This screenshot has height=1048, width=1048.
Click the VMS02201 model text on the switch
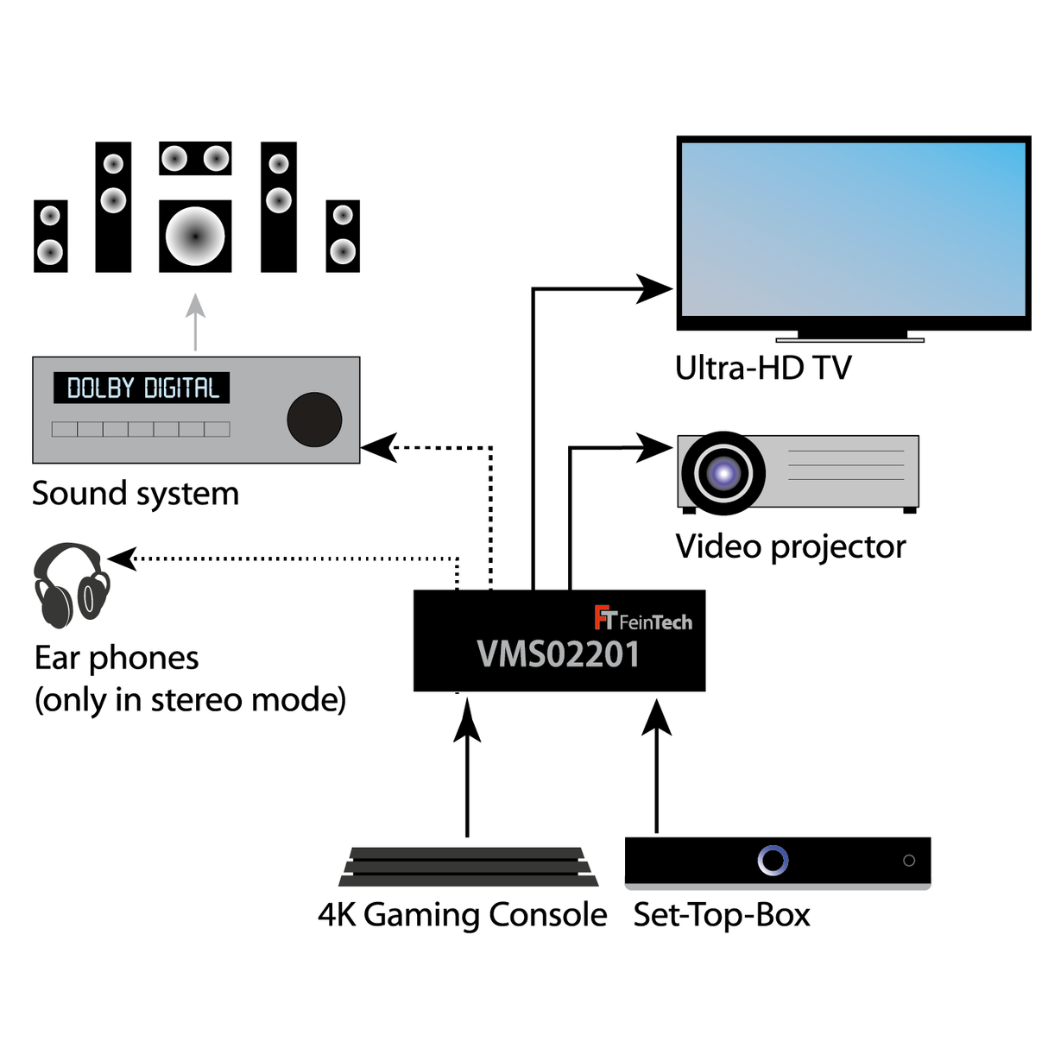pyautogui.click(x=559, y=654)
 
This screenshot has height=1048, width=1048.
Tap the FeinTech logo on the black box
pyautogui.click(x=643, y=619)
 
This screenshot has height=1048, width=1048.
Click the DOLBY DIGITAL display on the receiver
pyautogui.click(x=142, y=388)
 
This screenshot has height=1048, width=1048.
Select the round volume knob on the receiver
pyautogui.click(x=314, y=420)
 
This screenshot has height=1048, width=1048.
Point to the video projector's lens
pyautogui.click(x=723, y=472)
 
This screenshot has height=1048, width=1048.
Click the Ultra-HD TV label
pyautogui.click(x=763, y=369)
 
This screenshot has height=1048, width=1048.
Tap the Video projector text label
pyautogui.click(x=790, y=546)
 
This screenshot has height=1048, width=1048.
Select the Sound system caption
pyautogui.click(x=136, y=494)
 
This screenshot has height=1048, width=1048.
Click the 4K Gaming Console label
pyautogui.click(x=462, y=915)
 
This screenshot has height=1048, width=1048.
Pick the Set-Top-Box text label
pyautogui.click(x=722, y=915)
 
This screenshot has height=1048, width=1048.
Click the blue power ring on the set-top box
pyautogui.click(x=773, y=860)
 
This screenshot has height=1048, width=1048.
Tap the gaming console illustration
pyautogui.click(x=468, y=867)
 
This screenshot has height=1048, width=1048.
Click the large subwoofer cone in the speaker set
pyautogui.click(x=195, y=236)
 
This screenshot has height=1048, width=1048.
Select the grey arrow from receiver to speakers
pyautogui.click(x=196, y=321)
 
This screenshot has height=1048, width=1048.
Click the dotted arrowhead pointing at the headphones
pyautogui.click(x=123, y=559)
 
